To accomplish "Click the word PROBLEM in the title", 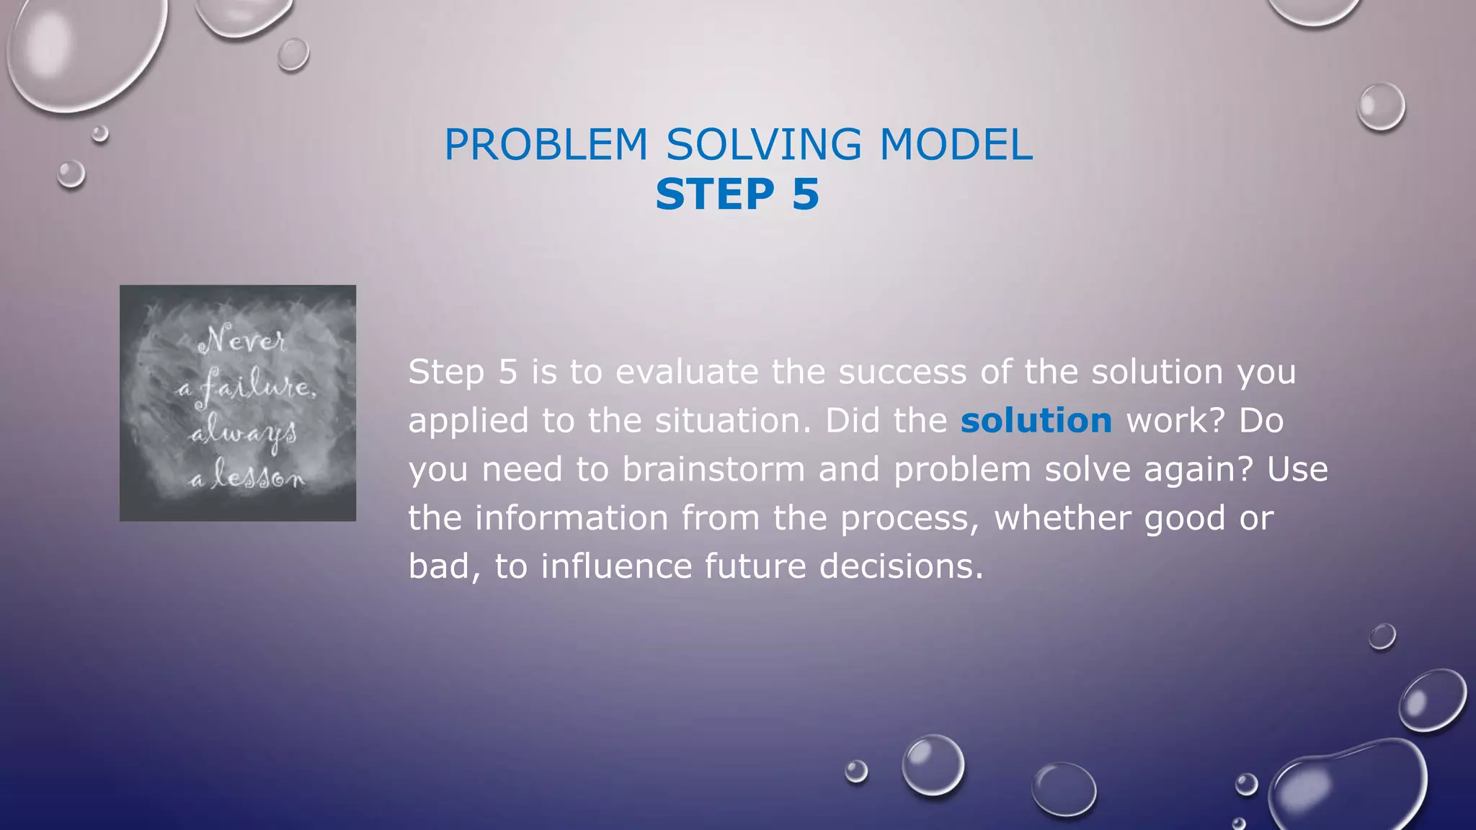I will click(546, 145).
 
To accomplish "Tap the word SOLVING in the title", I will click(763, 145).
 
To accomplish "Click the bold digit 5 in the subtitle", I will click(805, 195).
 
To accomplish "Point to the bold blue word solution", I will click(1036, 421).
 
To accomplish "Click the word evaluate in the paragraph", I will click(686, 372).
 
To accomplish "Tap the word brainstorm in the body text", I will click(713, 470).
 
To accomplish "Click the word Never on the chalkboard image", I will click(242, 339).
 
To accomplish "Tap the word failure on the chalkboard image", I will click(255, 387).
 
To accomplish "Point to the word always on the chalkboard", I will click(244, 434).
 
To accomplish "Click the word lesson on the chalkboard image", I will click(257, 477).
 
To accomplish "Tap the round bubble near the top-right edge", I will click(1381, 107).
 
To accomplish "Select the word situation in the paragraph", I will click(732, 421).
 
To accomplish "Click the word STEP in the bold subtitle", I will click(714, 195).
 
